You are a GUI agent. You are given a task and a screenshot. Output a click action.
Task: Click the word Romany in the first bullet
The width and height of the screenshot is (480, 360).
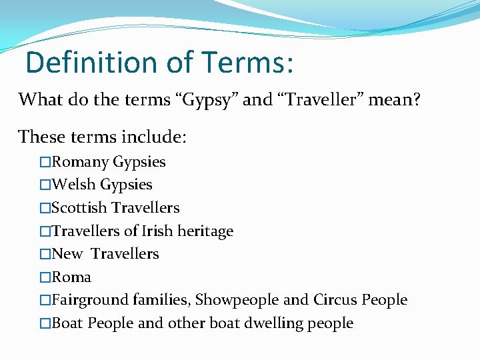(x=81, y=162)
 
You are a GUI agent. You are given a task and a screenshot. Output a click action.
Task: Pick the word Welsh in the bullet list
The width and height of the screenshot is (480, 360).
(x=74, y=185)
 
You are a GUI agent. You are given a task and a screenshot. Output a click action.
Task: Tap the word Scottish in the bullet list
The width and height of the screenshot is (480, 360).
(x=80, y=208)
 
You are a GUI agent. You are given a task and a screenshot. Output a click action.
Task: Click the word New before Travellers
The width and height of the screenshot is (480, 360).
(x=67, y=254)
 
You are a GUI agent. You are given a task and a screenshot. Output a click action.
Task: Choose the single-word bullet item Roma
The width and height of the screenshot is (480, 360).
(x=71, y=277)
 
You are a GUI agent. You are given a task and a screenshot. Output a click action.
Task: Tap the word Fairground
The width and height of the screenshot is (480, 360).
(x=90, y=301)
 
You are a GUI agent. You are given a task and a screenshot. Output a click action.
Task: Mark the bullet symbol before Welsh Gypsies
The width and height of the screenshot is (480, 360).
(x=45, y=185)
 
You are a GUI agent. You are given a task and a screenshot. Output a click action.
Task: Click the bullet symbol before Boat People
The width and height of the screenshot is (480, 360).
(x=45, y=324)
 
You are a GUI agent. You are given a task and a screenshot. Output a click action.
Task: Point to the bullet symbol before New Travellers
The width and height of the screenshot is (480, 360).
(x=45, y=255)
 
